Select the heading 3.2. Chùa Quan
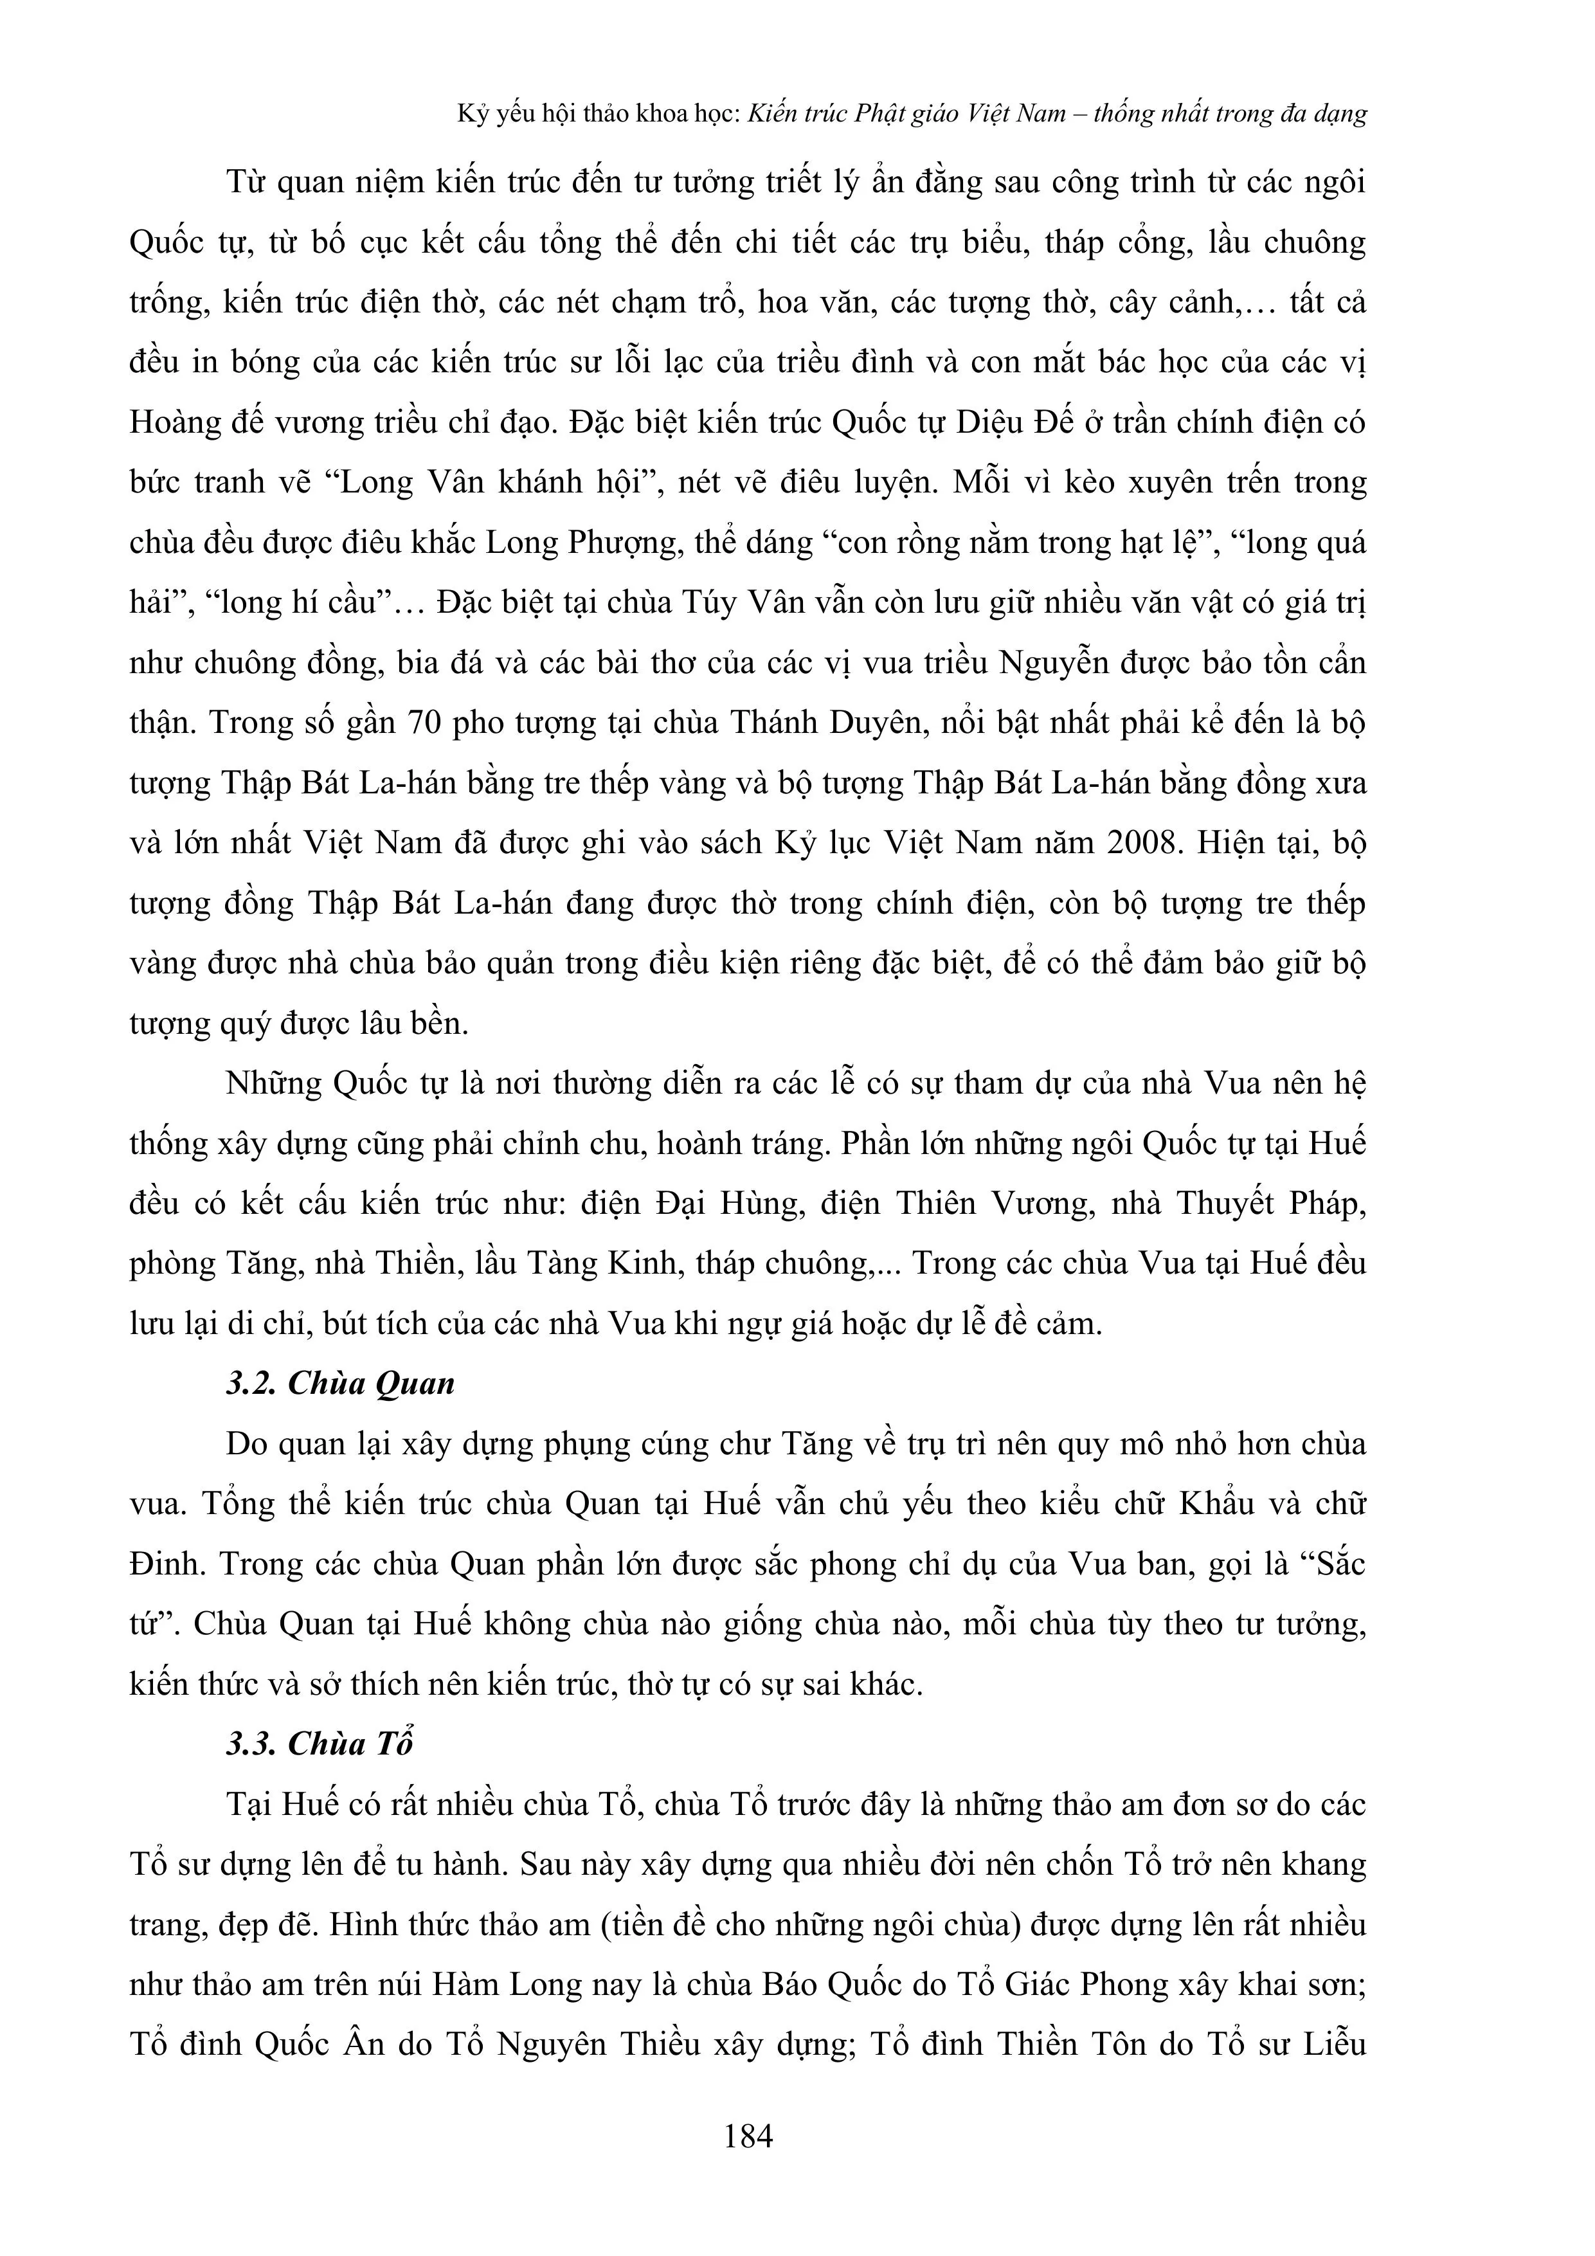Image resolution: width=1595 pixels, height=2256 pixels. [x=340, y=1384]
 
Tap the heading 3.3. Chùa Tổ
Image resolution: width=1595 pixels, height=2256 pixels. [x=320, y=1743]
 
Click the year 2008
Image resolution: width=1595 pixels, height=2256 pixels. [x=1142, y=843]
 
